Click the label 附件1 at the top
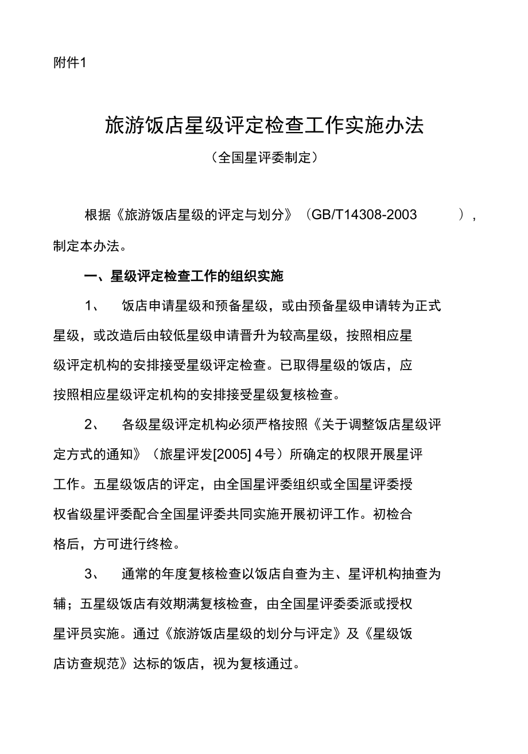click(x=69, y=63)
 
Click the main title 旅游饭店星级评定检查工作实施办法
click(x=264, y=126)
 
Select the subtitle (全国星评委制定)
click(x=264, y=157)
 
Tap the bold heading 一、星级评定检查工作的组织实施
click(x=184, y=277)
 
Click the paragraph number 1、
click(x=92, y=306)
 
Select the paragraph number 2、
click(x=92, y=425)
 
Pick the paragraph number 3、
click(x=92, y=574)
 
